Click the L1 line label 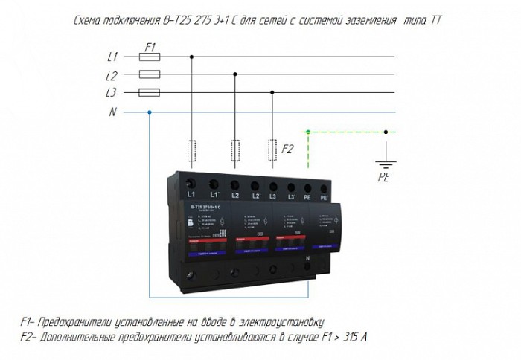pos(113,56)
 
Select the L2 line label pos(113,74)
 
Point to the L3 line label pos(113,93)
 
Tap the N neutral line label pos(113,112)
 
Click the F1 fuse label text pos(150,46)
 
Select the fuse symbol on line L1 pos(150,56)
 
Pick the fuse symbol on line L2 pos(150,74)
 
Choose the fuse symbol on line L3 pos(150,93)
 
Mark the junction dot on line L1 pos(193,56)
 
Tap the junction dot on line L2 pos(235,74)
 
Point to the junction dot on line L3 pos(272,93)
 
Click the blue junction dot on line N pos(150,112)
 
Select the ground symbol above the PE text pos(386,165)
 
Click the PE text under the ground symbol pos(385,178)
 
